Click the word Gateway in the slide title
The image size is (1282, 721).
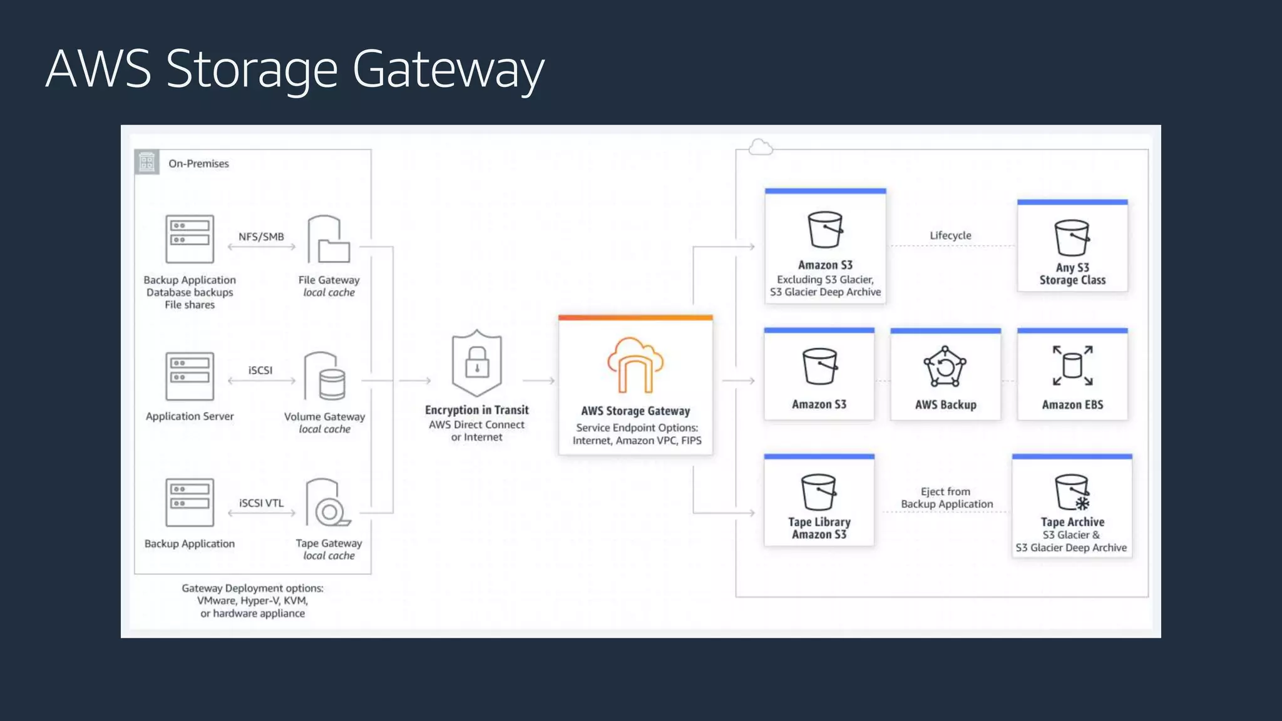click(x=448, y=69)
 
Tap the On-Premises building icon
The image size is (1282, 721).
click(x=147, y=163)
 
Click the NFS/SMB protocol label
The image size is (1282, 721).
click(x=261, y=237)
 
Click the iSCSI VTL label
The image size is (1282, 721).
click(x=261, y=503)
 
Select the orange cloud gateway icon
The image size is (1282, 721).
click(x=635, y=366)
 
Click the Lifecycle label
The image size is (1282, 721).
click(x=950, y=235)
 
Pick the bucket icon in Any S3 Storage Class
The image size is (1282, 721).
click(x=1072, y=238)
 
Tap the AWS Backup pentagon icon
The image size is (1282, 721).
click(x=945, y=367)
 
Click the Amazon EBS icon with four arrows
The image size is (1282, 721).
click(x=1072, y=366)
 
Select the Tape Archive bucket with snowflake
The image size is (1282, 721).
click(x=1072, y=493)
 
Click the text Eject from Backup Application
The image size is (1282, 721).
click(x=946, y=498)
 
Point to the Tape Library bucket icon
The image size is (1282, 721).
click(x=818, y=492)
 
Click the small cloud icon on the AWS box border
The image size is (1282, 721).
click(x=761, y=148)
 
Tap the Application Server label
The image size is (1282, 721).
click(x=190, y=416)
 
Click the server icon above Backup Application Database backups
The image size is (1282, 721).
click(x=190, y=239)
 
